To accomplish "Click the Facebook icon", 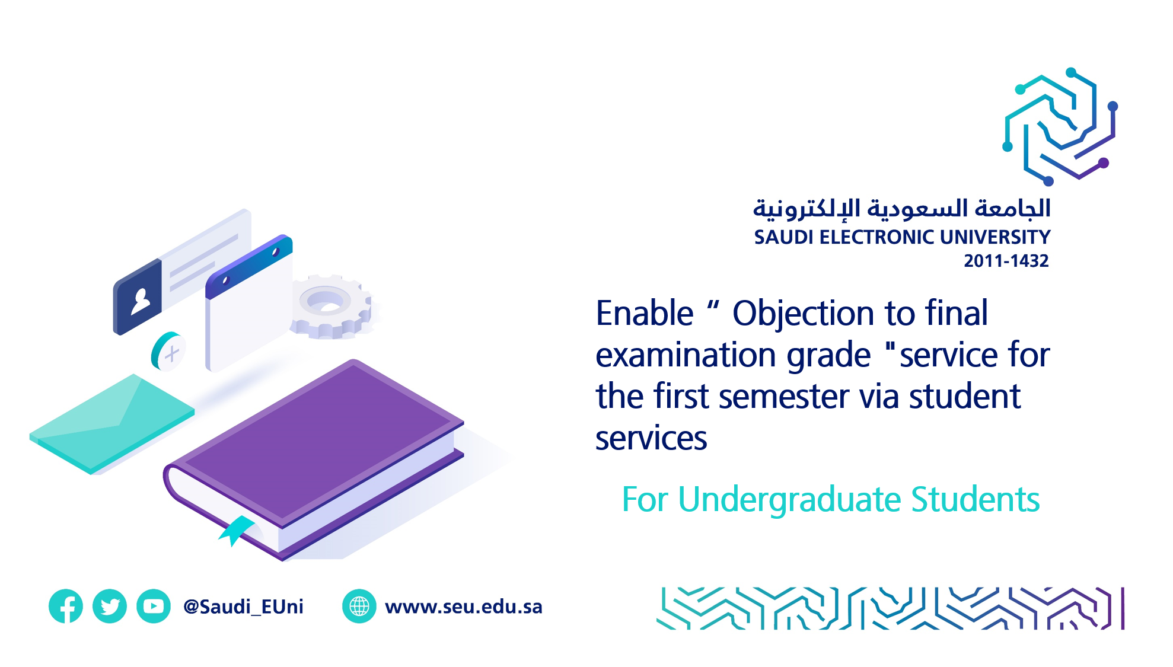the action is click(x=66, y=606).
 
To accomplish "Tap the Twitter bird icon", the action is click(x=110, y=606).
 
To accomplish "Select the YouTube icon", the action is click(x=154, y=606).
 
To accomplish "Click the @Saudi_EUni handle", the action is click(x=243, y=607).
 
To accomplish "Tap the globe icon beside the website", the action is click(x=359, y=606).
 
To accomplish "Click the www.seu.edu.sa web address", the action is click(x=464, y=607).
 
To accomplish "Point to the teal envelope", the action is click(x=111, y=423).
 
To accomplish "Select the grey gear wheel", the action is click(x=330, y=307).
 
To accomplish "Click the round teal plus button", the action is click(x=168, y=352).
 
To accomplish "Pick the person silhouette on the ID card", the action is click(x=141, y=301).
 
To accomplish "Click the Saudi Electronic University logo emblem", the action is click(x=1060, y=126).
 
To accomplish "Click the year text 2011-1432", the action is click(x=1006, y=261).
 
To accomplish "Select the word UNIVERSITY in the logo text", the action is click(x=995, y=237).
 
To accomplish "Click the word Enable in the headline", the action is click(x=645, y=313).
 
